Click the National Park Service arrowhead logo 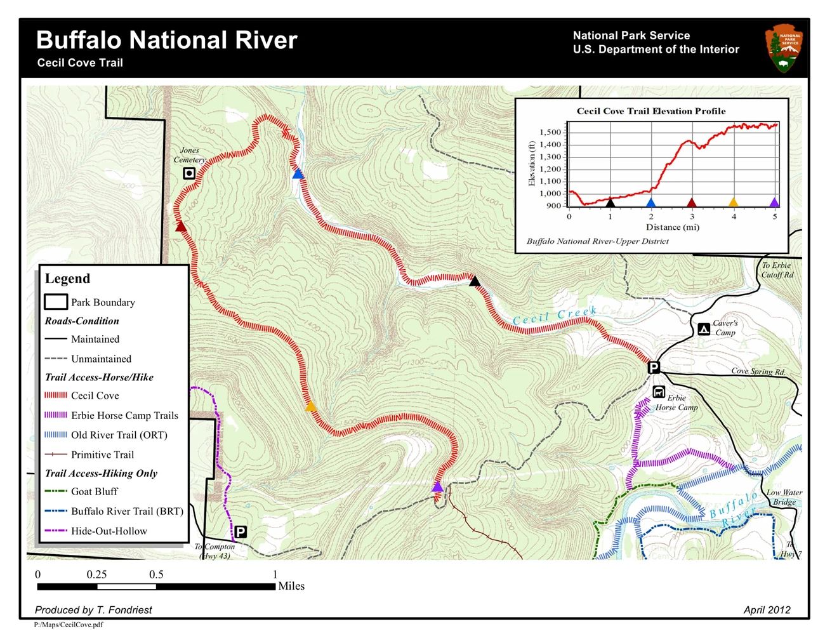(784, 48)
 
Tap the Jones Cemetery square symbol (189, 173)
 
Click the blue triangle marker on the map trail (298, 174)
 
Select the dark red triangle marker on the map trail (181, 226)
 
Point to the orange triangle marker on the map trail (310, 406)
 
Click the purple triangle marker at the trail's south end (437, 487)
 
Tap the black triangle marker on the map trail (474, 281)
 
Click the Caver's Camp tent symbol (703, 329)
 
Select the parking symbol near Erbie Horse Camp (654, 367)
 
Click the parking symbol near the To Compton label (241, 532)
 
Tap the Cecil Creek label (555, 316)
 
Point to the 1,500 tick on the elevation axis (550, 133)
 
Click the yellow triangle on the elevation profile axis (733, 203)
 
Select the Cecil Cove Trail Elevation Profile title (650, 111)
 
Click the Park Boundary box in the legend (56, 302)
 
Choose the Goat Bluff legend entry (94, 491)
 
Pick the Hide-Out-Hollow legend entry (109, 531)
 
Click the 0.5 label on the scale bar (156, 574)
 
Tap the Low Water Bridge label (784, 496)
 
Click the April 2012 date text (767, 609)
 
